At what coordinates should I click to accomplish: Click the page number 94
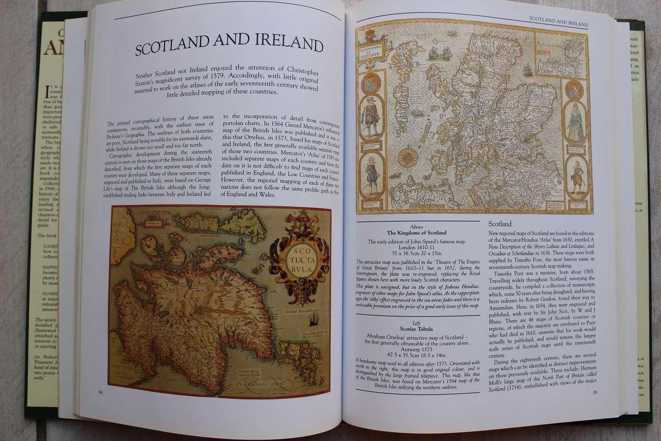coord(100,392)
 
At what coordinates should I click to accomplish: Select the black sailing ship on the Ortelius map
coord(313,319)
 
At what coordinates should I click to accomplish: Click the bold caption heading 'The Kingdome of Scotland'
coord(416,233)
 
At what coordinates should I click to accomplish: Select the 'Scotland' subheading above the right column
coord(500,224)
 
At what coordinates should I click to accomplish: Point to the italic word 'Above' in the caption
coord(416,226)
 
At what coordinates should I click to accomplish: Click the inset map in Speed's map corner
coord(559,56)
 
